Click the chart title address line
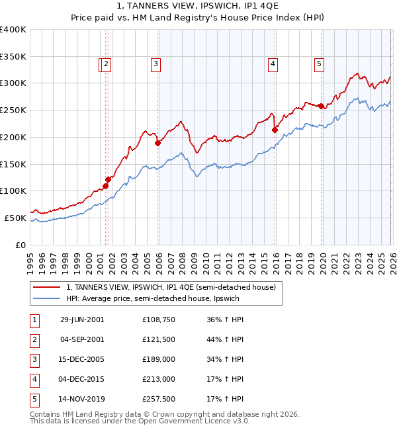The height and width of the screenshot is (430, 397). (198, 7)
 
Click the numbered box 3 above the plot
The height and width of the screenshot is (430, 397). (155, 64)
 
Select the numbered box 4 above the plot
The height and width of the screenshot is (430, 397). (273, 64)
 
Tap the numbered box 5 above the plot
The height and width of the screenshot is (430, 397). (319, 64)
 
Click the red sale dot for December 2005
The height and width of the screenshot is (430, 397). (157, 143)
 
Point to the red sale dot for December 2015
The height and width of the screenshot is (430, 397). (275, 130)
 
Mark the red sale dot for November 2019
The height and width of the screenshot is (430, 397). (321, 106)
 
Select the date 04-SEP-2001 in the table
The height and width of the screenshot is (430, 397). (82, 339)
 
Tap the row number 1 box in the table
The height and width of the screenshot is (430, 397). (34, 320)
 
